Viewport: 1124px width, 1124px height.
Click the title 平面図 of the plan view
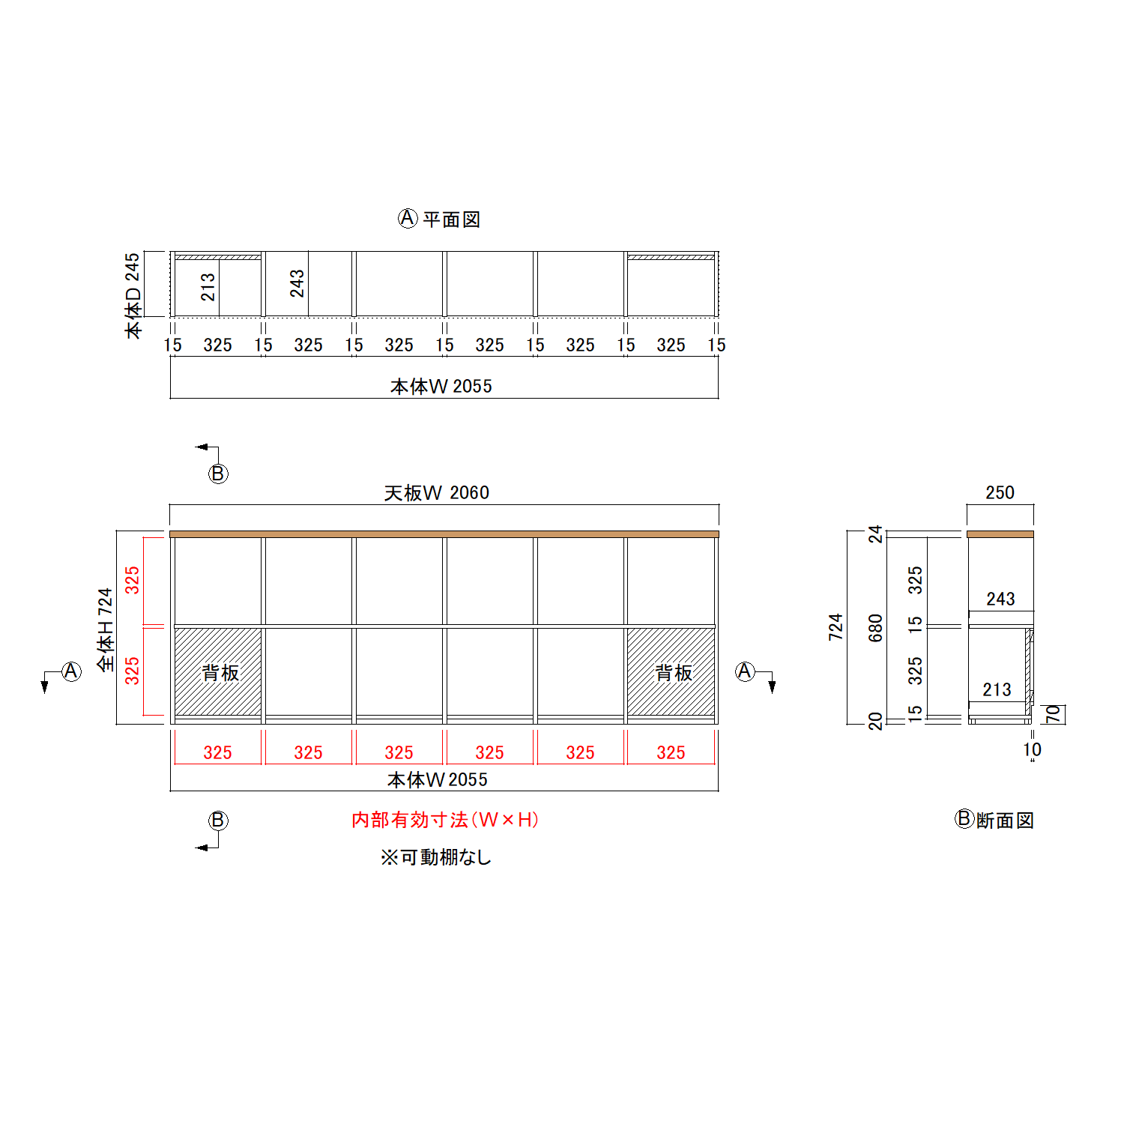click(x=451, y=220)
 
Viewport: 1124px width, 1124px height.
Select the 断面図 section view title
click(x=1004, y=821)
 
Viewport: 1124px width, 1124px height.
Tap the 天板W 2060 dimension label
click(x=436, y=493)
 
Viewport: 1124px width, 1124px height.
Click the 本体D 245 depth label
click(x=133, y=295)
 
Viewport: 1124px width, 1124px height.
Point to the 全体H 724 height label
click(x=105, y=629)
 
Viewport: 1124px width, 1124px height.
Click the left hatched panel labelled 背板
click(x=219, y=672)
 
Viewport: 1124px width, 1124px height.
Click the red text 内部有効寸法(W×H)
click(x=445, y=820)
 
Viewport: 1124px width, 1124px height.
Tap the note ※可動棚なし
click(x=435, y=856)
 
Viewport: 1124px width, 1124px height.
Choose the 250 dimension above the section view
click(x=1000, y=493)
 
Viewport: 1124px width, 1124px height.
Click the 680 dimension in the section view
click(x=875, y=628)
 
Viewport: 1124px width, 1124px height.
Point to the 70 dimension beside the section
click(x=1054, y=714)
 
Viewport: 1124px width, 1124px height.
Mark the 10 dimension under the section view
click(x=1032, y=749)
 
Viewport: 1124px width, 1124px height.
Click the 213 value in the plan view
click(x=208, y=286)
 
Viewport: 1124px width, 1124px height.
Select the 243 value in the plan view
click(x=297, y=283)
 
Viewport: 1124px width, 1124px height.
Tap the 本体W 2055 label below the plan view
click(x=441, y=387)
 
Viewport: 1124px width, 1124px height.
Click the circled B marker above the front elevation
click(x=218, y=474)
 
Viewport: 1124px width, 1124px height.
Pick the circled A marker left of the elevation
click(x=71, y=671)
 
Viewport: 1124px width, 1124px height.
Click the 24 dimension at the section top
click(x=875, y=534)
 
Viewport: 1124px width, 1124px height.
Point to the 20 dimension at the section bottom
click(x=875, y=721)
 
